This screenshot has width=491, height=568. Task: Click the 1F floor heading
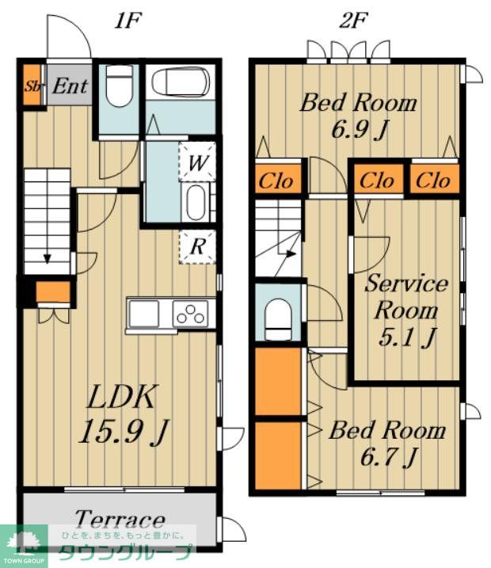point(128,21)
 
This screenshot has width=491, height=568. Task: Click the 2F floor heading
point(353,21)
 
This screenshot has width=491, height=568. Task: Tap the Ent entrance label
point(70,86)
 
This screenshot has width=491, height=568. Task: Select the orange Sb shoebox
point(32,85)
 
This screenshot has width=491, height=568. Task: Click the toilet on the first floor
point(119,86)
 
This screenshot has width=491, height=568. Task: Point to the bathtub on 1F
point(181,82)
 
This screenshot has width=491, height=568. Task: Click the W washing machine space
point(197,162)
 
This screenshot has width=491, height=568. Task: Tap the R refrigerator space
point(197,246)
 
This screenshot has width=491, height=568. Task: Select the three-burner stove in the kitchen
point(190,314)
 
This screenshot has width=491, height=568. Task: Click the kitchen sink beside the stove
point(144,314)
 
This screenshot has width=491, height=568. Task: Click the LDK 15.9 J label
point(123,414)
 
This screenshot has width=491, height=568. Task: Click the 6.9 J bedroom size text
point(360,129)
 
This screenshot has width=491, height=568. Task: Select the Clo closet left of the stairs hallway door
point(276,181)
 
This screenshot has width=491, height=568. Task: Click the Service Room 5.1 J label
point(406,311)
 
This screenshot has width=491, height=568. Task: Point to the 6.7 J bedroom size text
point(389,457)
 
